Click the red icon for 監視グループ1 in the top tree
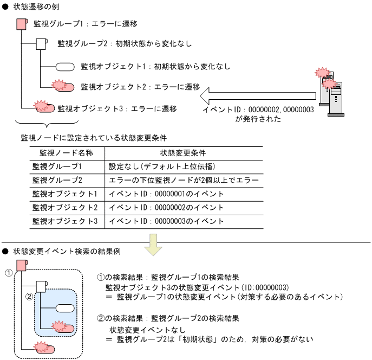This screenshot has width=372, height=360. [22, 24]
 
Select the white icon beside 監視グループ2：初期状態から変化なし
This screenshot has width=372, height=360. [42, 44]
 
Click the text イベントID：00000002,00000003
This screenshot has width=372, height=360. [258, 110]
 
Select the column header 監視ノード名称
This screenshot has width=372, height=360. [63, 153]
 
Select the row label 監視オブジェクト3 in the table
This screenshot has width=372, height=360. [65, 221]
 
